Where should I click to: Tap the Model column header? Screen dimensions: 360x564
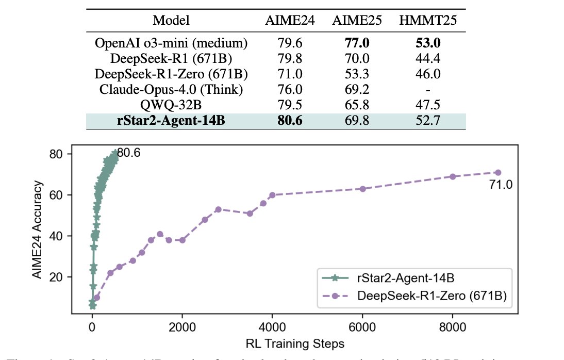click(x=171, y=21)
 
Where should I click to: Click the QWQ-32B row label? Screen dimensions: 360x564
click(x=171, y=105)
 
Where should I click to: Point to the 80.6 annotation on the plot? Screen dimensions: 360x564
click(x=129, y=153)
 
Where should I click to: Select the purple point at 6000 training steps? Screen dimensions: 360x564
click(x=362, y=189)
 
